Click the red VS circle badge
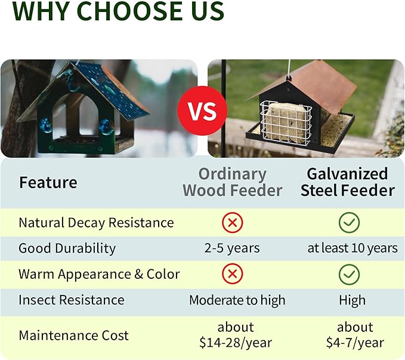point(202,110)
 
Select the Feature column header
point(48,182)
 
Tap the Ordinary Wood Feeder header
point(232,182)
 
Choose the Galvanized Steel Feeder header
point(348,182)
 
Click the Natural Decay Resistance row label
point(96,223)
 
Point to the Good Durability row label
point(67,248)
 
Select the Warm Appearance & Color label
point(99,274)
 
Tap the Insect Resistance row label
point(72,300)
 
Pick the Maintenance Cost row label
point(73,335)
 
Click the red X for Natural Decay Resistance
point(232,223)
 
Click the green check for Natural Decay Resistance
point(349,223)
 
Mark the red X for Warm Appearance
point(232,274)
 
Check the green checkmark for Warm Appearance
point(349,274)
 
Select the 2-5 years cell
point(232,248)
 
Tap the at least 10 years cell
point(352,248)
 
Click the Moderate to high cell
point(237,300)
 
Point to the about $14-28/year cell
point(236,335)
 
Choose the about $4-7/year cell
point(355,335)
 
